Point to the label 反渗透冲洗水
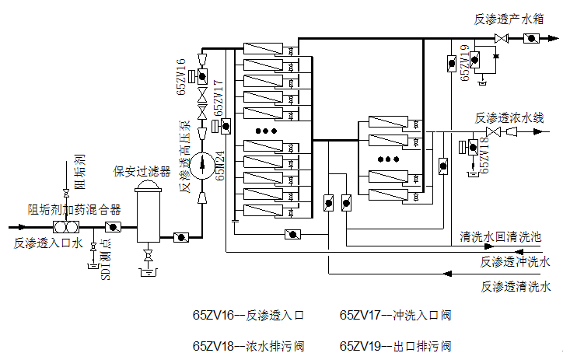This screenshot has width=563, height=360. [516, 262]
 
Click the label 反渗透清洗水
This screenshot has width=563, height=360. [516, 287]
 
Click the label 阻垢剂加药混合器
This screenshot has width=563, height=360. [75, 209]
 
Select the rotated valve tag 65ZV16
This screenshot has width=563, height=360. [181, 75]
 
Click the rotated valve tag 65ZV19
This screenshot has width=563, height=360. [465, 63]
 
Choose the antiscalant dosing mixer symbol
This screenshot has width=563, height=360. [63, 227]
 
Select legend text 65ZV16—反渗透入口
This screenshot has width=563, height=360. [247, 316]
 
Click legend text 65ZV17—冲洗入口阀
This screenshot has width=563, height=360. [396, 316]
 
